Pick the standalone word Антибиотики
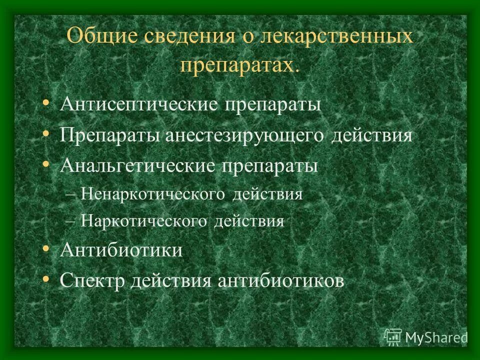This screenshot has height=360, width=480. [x=121, y=250]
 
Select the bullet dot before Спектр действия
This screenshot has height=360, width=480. [x=46, y=278]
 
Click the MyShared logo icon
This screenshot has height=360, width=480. [x=393, y=336]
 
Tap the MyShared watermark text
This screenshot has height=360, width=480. [x=436, y=337]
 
